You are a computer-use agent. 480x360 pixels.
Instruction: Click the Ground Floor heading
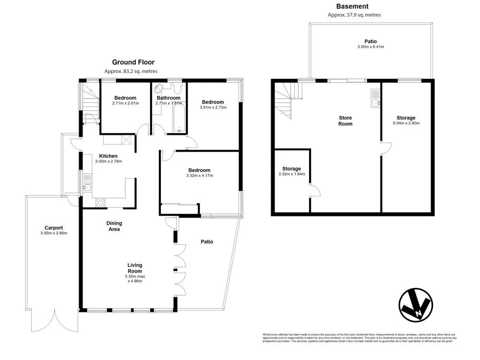tap(133, 62)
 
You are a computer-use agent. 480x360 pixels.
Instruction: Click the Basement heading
tap(352, 6)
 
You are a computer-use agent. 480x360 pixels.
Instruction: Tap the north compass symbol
tap(416, 304)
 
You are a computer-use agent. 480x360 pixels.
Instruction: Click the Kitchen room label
tap(108, 156)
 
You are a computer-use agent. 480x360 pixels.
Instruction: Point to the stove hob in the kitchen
tap(101, 203)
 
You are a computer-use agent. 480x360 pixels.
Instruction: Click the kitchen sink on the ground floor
tap(87, 183)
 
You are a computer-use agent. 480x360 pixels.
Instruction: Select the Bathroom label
tap(168, 98)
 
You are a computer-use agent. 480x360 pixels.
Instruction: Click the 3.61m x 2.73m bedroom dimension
tap(213, 108)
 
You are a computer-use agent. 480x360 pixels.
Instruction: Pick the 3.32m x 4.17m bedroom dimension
tap(199, 176)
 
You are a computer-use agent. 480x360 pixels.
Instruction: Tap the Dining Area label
tap(114, 226)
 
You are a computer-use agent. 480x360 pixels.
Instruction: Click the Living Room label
tap(134, 268)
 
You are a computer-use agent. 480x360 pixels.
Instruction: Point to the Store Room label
tap(345, 120)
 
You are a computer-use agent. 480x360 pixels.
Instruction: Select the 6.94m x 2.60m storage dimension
tap(406, 123)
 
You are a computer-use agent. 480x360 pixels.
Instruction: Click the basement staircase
tap(287, 100)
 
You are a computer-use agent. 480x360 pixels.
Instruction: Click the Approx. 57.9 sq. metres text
tap(354, 15)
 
